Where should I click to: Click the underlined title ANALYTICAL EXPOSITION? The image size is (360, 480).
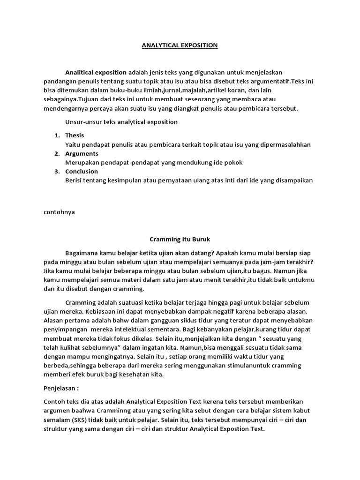click(x=180, y=45)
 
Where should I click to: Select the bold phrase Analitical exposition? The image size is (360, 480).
click(x=96, y=72)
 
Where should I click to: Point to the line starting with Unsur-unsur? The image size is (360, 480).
click(x=121, y=122)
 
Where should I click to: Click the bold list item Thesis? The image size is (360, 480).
click(x=75, y=135)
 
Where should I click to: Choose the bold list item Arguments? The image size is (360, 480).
click(x=82, y=153)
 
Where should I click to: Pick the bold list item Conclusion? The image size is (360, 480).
click(x=82, y=171)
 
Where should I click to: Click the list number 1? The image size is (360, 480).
click(x=56, y=135)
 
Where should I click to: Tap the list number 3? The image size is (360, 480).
click(x=56, y=171)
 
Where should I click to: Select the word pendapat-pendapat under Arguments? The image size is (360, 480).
click(x=138, y=162)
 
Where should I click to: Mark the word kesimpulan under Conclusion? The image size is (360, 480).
click(x=141, y=180)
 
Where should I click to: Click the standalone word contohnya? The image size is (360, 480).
click(x=59, y=211)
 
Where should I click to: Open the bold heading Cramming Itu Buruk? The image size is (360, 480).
click(x=180, y=239)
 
